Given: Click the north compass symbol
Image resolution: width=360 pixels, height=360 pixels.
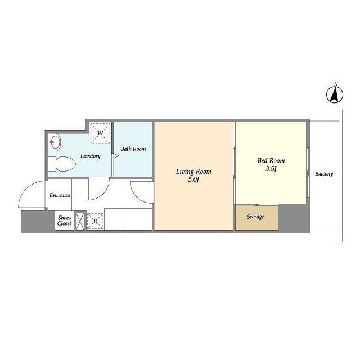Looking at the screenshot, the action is pyautogui.click(x=335, y=94).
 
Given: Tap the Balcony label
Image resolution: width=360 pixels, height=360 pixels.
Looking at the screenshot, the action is pyautogui.click(x=324, y=174).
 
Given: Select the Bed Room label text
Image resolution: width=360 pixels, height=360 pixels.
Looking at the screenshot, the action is pyautogui.click(x=271, y=160).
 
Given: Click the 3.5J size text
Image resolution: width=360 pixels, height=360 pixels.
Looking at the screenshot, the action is pyautogui.click(x=271, y=169).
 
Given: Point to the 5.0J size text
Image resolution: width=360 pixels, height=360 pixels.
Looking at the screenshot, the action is pyautogui.click(x=193, y=179).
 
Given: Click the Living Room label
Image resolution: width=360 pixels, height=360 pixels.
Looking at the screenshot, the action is pyautogui.click(x=193, y=172).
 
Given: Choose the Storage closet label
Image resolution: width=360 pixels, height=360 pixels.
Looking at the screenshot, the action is pyautogui.click(x=255, y=217).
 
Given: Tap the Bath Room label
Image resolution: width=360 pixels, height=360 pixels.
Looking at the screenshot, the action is pyautogui.click(x=133, y=148).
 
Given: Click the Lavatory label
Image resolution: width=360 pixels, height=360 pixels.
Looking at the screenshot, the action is pyautogui.click(x=91, y=156).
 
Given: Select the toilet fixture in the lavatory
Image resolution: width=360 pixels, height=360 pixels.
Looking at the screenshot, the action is pyautogui.click(x=62, y=164).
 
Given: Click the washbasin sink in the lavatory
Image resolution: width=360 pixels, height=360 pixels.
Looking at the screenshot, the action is pyautogui.click(x=55, y=142).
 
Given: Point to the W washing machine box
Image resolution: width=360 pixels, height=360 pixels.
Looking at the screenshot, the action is pyautogui.click(x=100, y=133).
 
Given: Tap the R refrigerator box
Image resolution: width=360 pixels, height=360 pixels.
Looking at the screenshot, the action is pyautogui.click(x=95, y=221).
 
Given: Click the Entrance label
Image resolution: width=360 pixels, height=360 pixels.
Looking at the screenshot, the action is pyautogui.click(x=60, y=195).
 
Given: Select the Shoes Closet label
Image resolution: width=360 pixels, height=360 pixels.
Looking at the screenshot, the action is pyautogui.click(x=64, y=220).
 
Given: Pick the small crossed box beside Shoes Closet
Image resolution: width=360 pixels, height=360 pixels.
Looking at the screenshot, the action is pyautogui.click(x=80, y=221).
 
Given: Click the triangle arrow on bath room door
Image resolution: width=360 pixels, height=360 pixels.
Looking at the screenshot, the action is pyautogui.click(x=116, y=156).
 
